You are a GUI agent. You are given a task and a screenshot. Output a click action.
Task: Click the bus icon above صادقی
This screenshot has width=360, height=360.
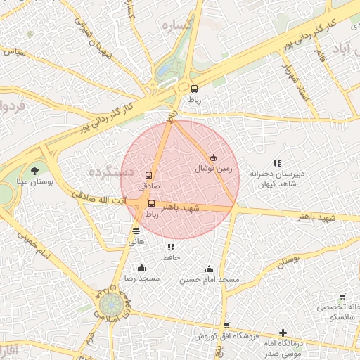148,175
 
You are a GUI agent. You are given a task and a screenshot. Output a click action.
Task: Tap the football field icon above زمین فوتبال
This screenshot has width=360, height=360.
213,157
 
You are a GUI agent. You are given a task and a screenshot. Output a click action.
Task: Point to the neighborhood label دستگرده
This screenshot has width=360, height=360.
108,170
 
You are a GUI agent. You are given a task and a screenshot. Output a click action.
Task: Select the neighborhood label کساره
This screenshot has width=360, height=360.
177,25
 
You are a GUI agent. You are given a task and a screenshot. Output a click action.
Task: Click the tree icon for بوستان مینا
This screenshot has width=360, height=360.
35,170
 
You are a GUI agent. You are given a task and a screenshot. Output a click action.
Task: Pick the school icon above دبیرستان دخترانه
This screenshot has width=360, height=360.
277,163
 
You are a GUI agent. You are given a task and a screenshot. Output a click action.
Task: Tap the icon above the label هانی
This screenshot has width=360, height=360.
136,230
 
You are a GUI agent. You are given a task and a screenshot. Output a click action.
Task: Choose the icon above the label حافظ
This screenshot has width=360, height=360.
171,247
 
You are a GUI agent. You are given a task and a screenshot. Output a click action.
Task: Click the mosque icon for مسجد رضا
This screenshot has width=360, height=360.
142,267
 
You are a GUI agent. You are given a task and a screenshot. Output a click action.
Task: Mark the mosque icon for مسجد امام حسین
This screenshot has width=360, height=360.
209,269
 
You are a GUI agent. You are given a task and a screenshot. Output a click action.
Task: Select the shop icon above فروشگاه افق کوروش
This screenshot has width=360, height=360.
226,326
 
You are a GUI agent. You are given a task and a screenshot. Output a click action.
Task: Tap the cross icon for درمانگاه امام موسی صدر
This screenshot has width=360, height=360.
283,332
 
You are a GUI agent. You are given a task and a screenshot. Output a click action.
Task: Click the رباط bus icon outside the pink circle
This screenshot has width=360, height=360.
194,89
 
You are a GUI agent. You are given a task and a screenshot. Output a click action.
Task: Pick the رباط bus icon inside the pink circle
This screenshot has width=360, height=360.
151,204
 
